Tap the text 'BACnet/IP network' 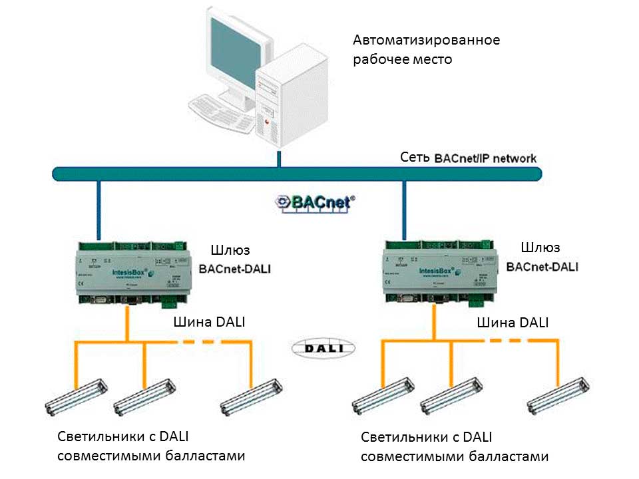pyautogui.click(x=485, y=159)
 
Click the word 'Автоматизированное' pyautogui.click(x=426, y=40)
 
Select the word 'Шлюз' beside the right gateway pyautogui.click(x=541, y=248)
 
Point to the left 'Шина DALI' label pyautogui.click(x=208, y=322)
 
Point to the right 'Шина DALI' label pyautogui.click(x=513, y=323)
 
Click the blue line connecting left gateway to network pyautogui.click(x=99, y=209)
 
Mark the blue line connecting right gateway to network pyautogui.click(x=403, y=209)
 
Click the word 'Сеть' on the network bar pyautogui.click(x=415, y=158)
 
